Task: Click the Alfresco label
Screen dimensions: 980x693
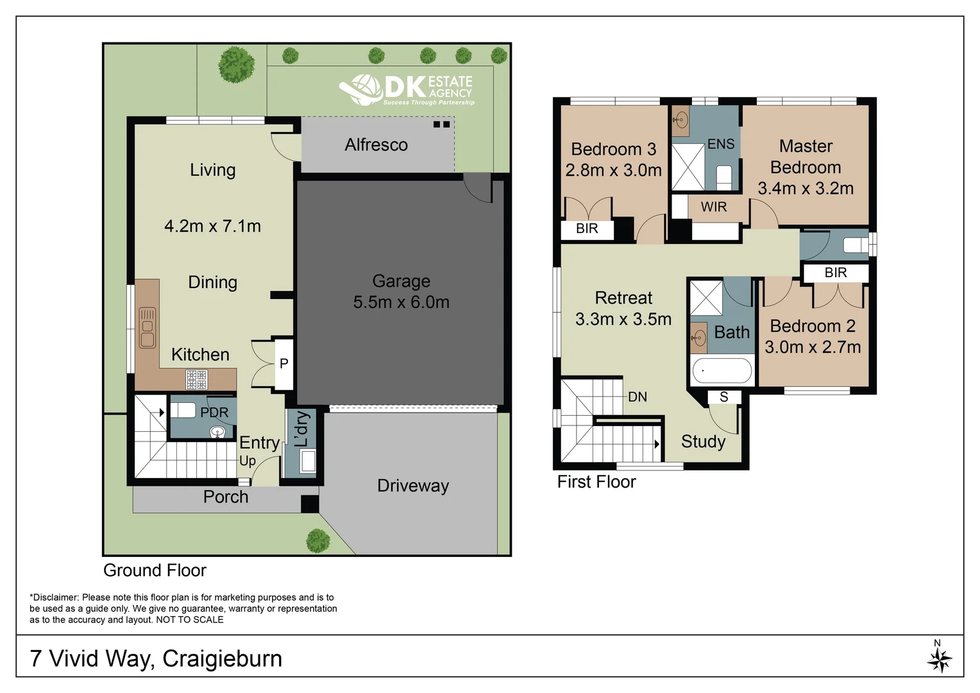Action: coord(376,145)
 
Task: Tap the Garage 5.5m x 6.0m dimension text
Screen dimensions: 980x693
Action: coord(401,302)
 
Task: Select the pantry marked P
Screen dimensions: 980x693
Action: coord(284,363)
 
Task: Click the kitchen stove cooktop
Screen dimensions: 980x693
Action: coord(196,380)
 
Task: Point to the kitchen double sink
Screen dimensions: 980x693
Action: coord(148,327)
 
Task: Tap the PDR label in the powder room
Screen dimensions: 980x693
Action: coord(214,413)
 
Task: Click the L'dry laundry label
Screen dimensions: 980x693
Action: coord(302,429)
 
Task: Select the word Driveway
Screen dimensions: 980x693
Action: coord(413,486)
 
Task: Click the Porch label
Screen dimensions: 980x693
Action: coord(226,497)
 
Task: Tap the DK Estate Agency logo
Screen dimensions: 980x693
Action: coord(407,90)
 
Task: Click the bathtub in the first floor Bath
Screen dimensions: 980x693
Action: coord(722,371)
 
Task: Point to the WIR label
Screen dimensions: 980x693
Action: coord(714,207)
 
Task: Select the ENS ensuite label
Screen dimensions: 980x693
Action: coord(721,144)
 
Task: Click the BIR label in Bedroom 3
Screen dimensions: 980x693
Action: coord(587,228)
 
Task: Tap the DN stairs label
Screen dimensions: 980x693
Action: coord(638,397)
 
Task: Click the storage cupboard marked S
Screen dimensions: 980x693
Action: coord(724,397)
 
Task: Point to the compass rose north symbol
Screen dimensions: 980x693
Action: coord(940,656)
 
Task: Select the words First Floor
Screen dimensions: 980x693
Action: coord(596,482)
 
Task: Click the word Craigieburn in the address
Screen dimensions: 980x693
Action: coord(223,659)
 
